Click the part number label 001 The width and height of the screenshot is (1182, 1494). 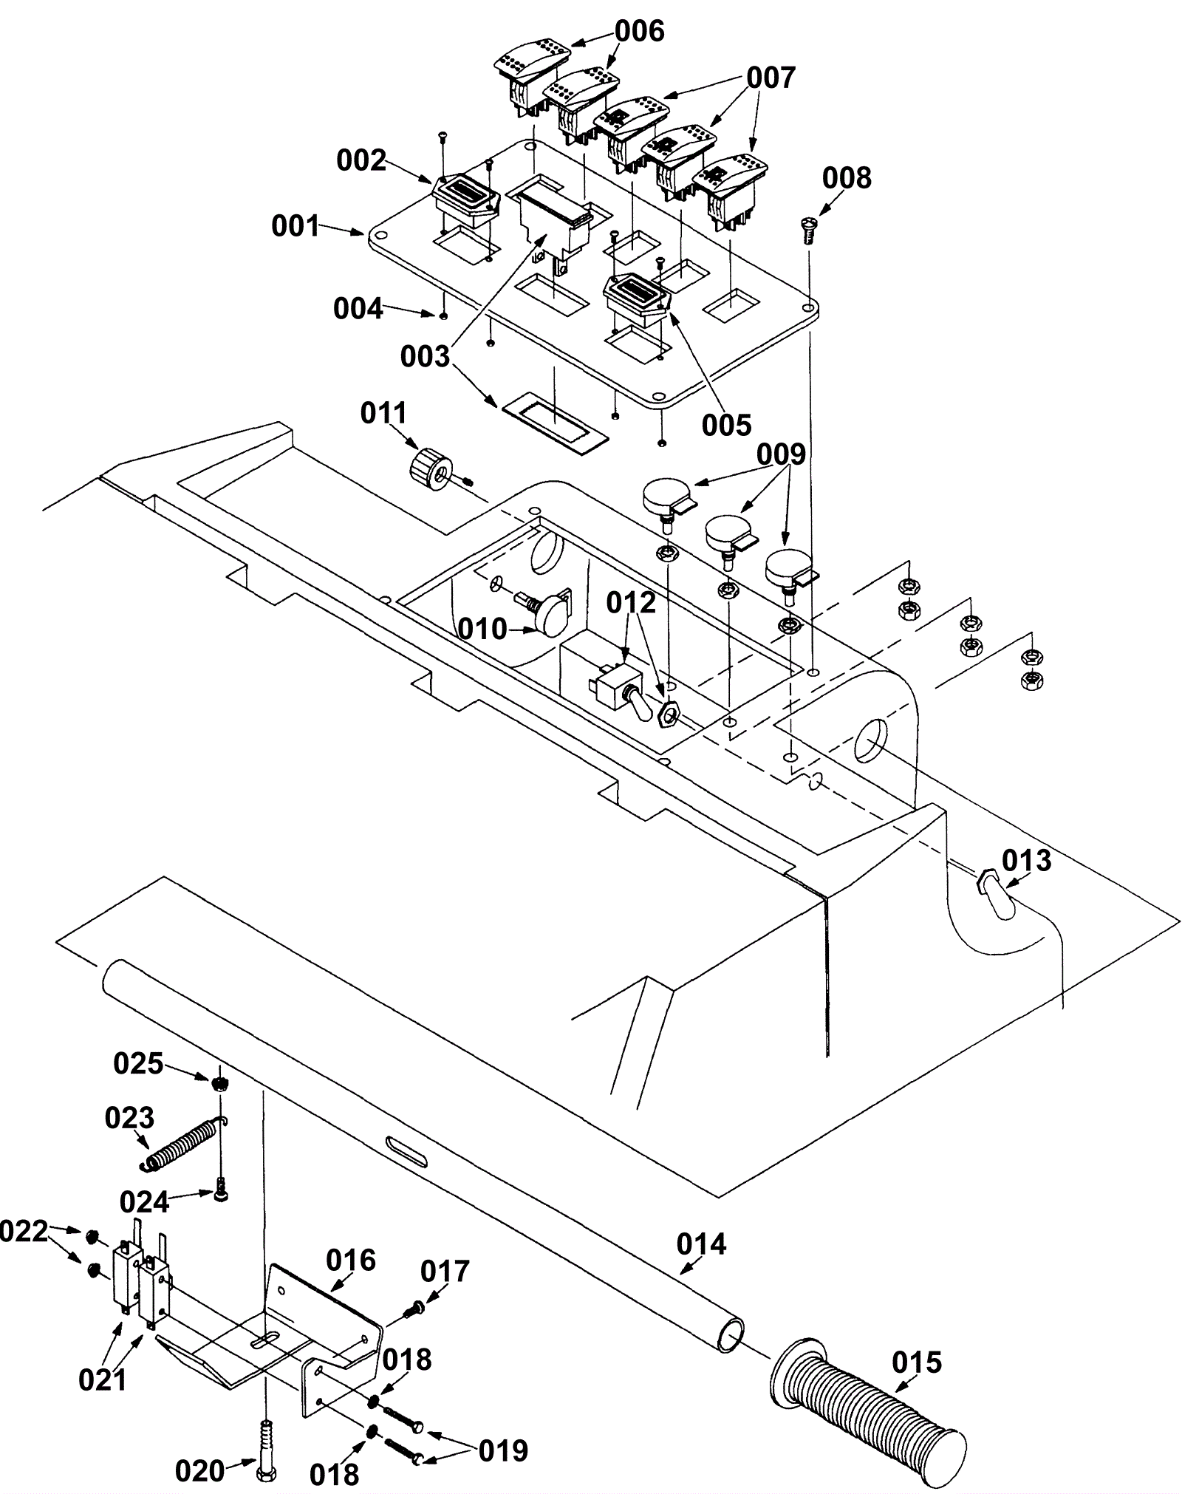pyautogui.click(x=295, y=226)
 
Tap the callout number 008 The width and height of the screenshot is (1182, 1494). pyautogui.click(x=847, y=178)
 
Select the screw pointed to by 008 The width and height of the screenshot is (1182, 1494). pyautogui.click(x=807, y=230)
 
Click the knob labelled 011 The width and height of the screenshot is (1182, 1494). pyautogui.click(x=431, y=466)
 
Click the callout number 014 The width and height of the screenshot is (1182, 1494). pyautogui.click(x=701, y=1244)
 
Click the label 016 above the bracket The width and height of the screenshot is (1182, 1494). pyautogui.click(x=351, y=1260)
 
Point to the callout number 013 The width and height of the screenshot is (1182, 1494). pyautogui.click(x=1026, y=860)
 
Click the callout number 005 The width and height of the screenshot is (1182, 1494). pyautogui.click(x=726, y=425)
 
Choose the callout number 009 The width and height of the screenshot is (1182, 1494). pyautogui.click(x=782, y=454)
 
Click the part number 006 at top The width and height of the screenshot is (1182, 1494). pyautogui.click(x=640, y=31)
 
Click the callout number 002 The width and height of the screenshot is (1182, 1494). pyautogui.click(x=361, y=160)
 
